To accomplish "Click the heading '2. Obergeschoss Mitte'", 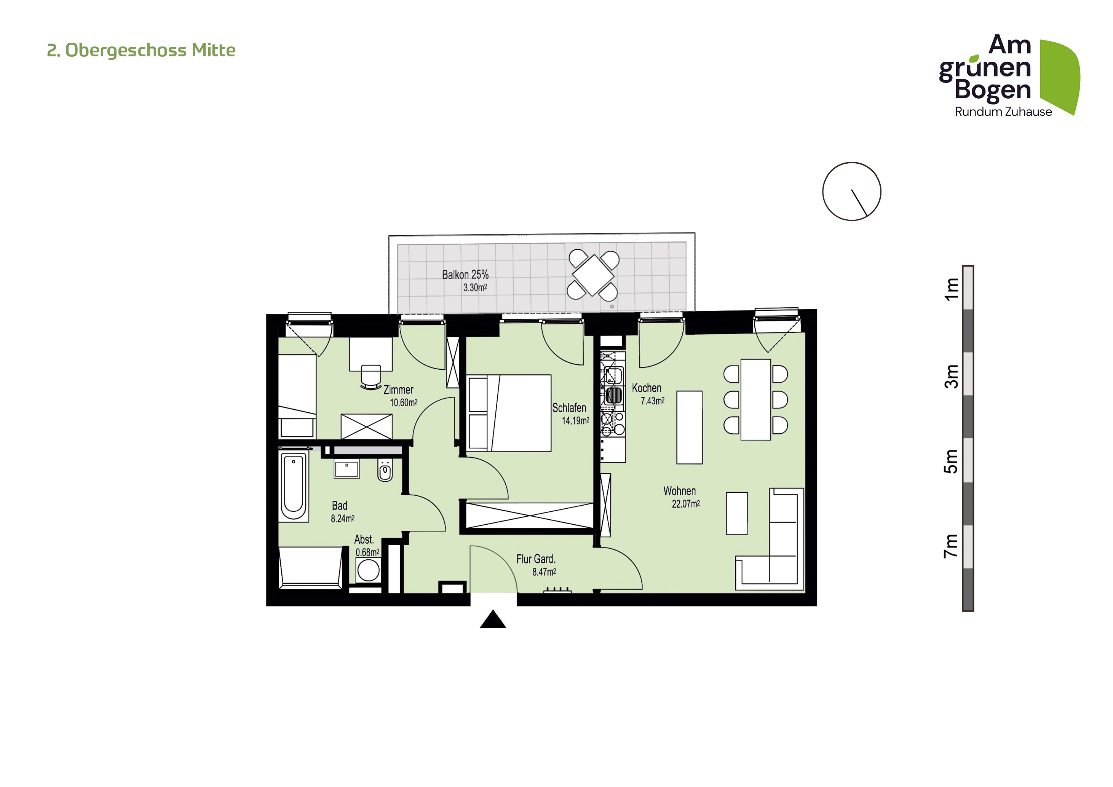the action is point(141,50).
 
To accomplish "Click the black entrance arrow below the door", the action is point(493,619).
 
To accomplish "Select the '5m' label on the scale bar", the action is point(951,461).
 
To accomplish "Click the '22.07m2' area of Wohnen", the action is point(685,504).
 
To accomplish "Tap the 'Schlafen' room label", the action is point(569,408).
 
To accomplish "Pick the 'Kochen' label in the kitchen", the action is point(646,388).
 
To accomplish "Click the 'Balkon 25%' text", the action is point(465,275).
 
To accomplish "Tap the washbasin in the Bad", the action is point(347,469).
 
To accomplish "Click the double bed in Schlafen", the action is point(509,413).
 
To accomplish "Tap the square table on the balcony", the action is point(593,275).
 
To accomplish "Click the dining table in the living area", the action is point(756,400).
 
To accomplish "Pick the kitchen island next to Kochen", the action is point(689,428).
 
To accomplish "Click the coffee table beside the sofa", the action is point(737,514).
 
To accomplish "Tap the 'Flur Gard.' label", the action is point(536,559).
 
